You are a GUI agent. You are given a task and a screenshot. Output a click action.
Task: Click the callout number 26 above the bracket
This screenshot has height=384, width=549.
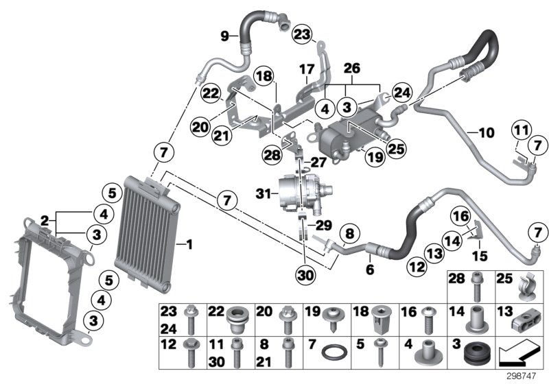click(x=351, y=69)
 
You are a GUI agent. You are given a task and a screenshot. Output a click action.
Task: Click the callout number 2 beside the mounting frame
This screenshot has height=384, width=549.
click(x=44, y=221)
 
